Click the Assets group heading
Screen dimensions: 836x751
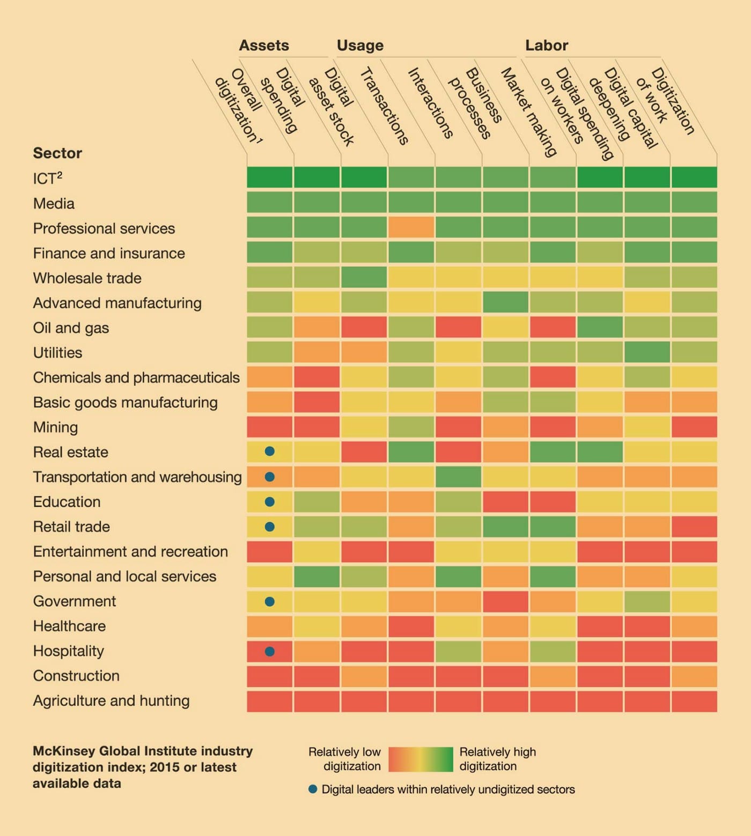click(264, 46)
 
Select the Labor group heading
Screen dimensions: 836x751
click(547, 46)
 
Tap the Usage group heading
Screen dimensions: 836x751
click(360, 46)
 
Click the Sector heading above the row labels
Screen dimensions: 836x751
click(57, 153)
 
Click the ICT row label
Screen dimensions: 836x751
click(47, 178)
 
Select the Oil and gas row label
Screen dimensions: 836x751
click(71, 328)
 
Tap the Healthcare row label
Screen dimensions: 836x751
click(69, 626)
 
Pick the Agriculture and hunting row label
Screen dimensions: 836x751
click(111, 701)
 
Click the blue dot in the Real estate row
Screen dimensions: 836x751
click(270, 452)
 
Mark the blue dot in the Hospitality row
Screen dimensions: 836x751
click(270, 651)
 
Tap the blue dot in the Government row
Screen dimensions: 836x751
click(270, 601)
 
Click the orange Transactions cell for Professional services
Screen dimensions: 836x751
click(411, 227)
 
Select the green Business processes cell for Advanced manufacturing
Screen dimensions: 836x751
click(505, 302)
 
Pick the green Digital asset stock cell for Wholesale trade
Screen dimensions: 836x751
click(364, 278)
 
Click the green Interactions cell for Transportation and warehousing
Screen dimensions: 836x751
click(458, 476)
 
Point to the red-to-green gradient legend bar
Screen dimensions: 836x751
click(421, 759)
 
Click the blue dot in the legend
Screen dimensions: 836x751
click(313, 789)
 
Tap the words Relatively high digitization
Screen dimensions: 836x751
click(497, 759)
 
